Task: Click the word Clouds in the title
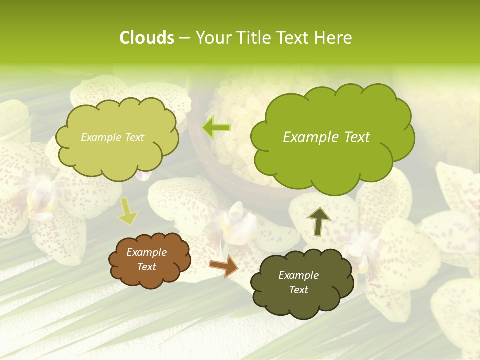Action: [x=146, y=38]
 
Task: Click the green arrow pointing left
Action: [x=216, y=128]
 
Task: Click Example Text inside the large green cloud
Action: [x=326, y=137]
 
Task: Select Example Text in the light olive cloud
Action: [x=112, y=137]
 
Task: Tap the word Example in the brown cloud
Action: [x=146, y=252]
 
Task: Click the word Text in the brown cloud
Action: [x=146, y=267]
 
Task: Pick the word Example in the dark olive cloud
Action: [x=298, y=275]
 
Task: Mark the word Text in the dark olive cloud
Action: [x=298, y=290]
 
